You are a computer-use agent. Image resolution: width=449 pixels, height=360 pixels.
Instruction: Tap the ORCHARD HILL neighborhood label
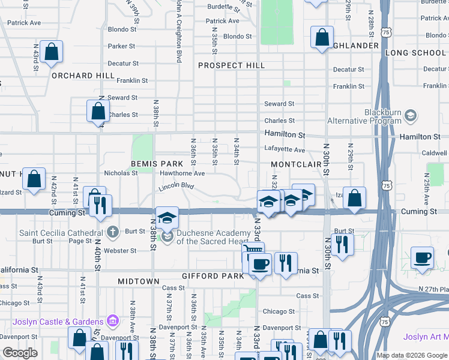point(83,76)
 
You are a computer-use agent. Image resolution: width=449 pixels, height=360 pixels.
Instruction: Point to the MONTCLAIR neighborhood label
point(297,164)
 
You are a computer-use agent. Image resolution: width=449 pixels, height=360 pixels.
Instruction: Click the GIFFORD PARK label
point(212,276)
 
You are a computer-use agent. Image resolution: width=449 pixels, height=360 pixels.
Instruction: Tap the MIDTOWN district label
point(139,281)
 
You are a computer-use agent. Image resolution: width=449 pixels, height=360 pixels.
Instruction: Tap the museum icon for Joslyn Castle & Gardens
point(112,321)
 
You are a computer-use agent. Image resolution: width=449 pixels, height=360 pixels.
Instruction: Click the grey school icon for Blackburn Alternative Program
point(411,115)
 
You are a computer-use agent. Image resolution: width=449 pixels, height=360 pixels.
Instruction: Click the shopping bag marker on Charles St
point(98,111)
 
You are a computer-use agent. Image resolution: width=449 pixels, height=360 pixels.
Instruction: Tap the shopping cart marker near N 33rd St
point(253,251)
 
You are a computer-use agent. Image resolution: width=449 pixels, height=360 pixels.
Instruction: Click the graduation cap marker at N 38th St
point(167,217)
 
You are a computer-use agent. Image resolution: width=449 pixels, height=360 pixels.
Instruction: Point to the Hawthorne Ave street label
point(182,173)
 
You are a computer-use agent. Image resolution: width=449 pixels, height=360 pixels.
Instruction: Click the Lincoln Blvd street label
point(177,187)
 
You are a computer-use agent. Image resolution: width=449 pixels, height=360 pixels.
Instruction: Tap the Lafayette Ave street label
point(285,150)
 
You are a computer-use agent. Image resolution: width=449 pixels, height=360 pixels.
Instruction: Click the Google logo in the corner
point(20,353)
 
